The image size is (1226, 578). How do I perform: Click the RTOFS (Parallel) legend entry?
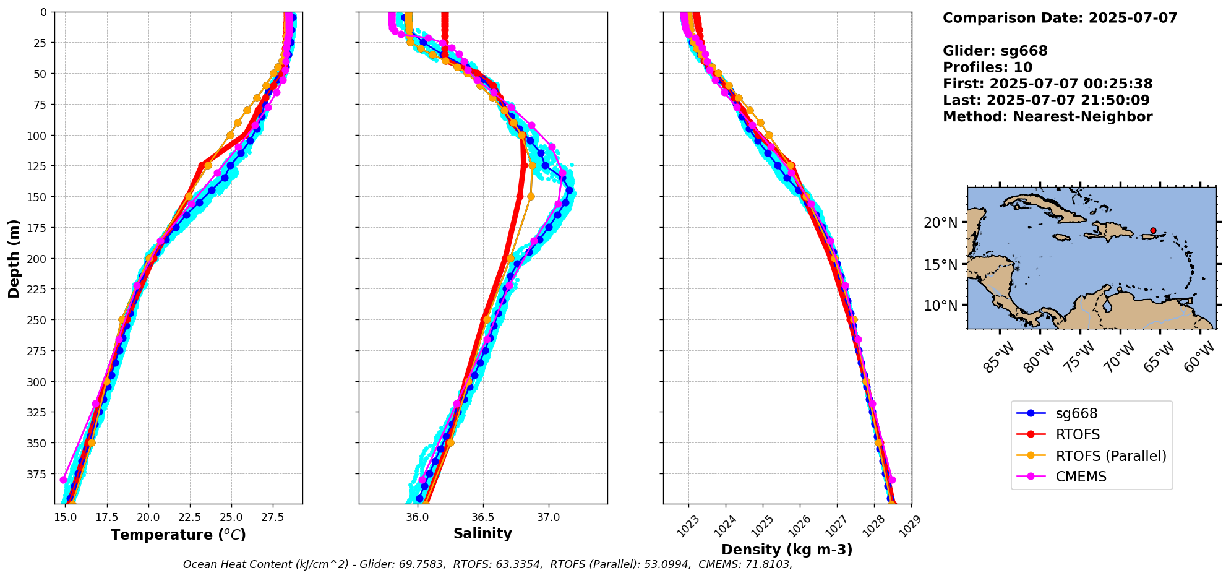[1110, 456]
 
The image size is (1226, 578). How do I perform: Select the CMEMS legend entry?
[1081, 477]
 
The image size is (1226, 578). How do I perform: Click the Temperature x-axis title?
[178, 535]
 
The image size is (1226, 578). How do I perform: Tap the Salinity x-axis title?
[482, 534]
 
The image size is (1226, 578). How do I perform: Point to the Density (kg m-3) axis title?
[787, 550]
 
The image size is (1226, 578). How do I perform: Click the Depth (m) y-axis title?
[14, 258]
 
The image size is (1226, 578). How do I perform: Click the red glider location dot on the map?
[1153, 231]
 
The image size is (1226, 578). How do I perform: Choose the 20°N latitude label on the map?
[940, 223]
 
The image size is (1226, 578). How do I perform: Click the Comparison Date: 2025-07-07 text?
[1060, 18]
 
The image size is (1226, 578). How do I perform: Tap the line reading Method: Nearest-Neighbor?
[1047, 117]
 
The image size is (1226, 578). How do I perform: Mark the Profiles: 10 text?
[987, 67]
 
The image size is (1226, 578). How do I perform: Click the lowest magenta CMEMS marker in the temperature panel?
[63, 480]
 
